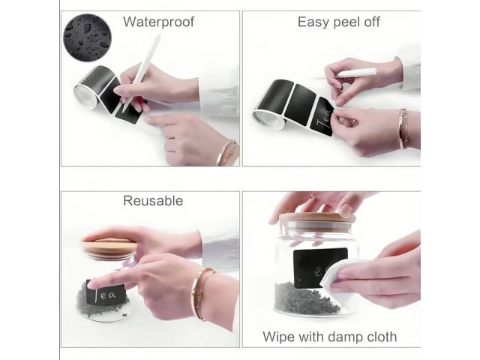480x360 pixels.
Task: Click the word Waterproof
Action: click(x=158, y=22)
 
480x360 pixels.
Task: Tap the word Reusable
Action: click(x=153, y=201)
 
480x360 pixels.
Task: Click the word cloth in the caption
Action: click(x=382, y=337)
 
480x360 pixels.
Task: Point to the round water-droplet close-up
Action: click(x=87, y=37)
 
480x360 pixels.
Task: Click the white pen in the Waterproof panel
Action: click(x=141, y=73)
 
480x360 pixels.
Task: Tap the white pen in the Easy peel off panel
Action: click(x=357, y=73)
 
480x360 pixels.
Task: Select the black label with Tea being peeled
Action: click(x=322, y=117)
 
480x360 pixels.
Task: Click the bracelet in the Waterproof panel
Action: click(x=226, y=152)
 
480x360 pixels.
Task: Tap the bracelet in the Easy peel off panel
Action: click(x=403, y=128)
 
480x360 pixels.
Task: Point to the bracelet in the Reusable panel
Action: click(x=201, y=293)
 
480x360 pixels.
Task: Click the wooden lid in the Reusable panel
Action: click(x=109, y=247)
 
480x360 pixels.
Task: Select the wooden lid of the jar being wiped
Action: click(x=316, y=217)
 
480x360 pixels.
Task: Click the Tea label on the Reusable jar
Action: click(x=106, y=294)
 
